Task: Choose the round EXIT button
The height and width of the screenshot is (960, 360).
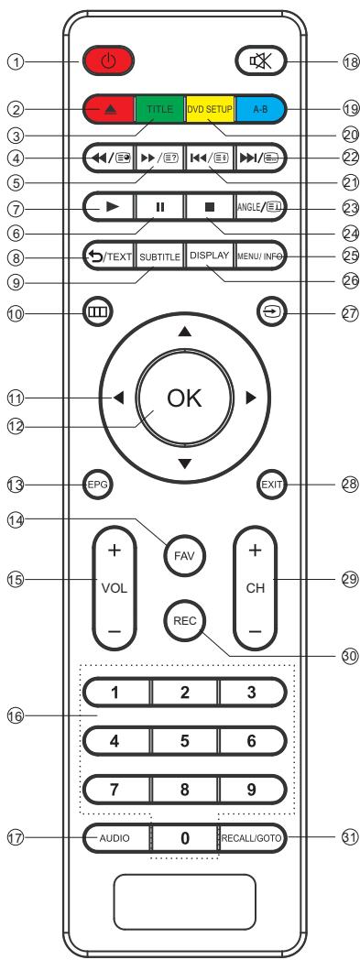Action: point(267,483)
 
